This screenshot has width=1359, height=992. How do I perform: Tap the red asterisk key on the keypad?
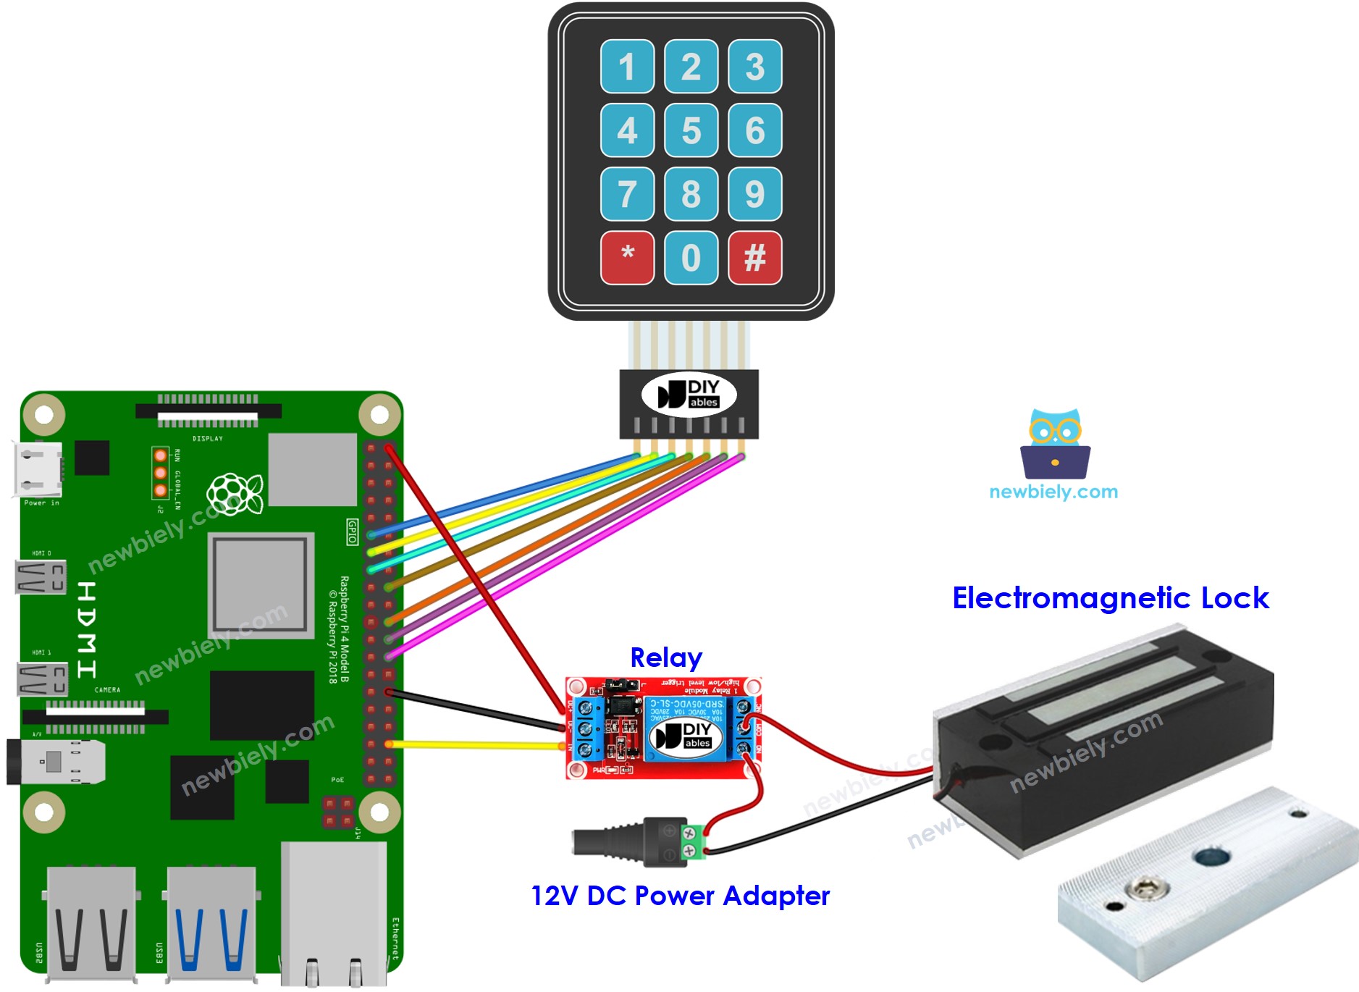point(627,258)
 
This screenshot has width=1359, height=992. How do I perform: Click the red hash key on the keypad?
point(754,258)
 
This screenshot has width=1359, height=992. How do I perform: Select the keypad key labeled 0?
point(691,258)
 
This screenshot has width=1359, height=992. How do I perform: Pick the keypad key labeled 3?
point(754,67)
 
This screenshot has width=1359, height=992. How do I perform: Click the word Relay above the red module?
point(665,657)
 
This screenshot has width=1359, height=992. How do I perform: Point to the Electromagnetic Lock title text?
point(1109,598)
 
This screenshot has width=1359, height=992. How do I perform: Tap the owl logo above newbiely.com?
point(1055,445)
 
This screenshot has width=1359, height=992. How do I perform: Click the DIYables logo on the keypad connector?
point(688,395)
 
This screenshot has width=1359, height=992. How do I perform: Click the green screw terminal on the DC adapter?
point(693,842)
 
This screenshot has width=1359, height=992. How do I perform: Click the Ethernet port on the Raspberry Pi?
point(333,912)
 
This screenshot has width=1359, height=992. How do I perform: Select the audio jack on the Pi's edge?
point(54,762)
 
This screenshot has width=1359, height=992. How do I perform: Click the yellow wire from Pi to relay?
point(478,744)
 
